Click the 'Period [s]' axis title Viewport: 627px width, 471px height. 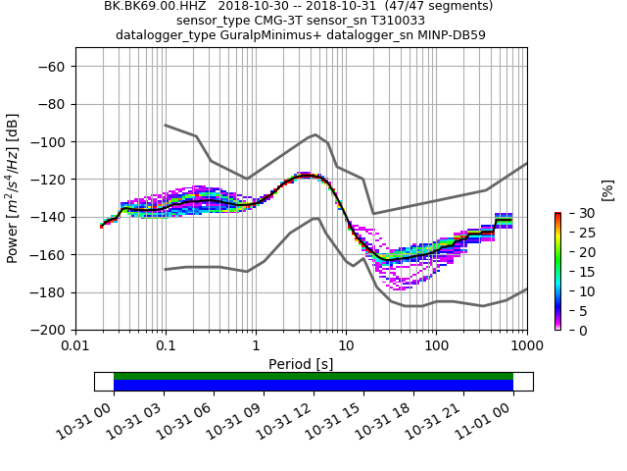301,363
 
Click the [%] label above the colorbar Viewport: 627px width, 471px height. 607,189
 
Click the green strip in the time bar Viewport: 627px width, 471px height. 313,376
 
